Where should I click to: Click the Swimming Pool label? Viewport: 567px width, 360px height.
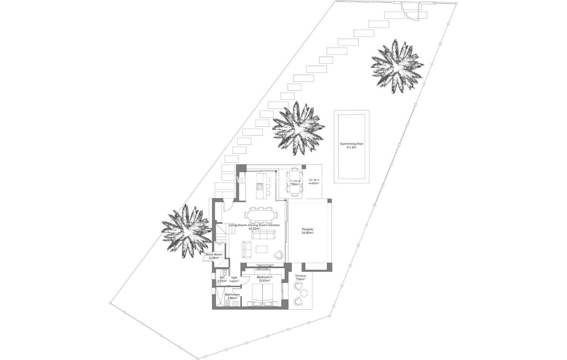[x=351, y=145]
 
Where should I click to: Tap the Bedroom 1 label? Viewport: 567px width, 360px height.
[x=264, y=279]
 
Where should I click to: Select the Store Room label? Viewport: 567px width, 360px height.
[x=214, y=256]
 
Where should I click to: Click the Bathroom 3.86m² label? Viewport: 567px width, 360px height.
[x=232, y=296]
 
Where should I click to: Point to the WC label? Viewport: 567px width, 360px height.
[x=222, y=279]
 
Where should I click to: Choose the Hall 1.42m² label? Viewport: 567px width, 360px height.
[x=234, y=279]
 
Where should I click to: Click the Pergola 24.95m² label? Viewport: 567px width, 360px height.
[x=307, y=231]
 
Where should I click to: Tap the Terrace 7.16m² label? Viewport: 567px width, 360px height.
[x=300, y=277]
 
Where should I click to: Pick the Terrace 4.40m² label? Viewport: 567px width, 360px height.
[x=314, y=182]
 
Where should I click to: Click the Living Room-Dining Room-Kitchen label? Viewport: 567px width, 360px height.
[x=254, y=227]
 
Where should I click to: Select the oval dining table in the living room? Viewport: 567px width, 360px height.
[x=261, y=215]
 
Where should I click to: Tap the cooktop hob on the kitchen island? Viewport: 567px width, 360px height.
[x=259, y=185]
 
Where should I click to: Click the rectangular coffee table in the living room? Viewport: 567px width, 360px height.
[x=261, y=249]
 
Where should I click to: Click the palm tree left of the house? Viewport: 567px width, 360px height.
[x=186, y=231]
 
